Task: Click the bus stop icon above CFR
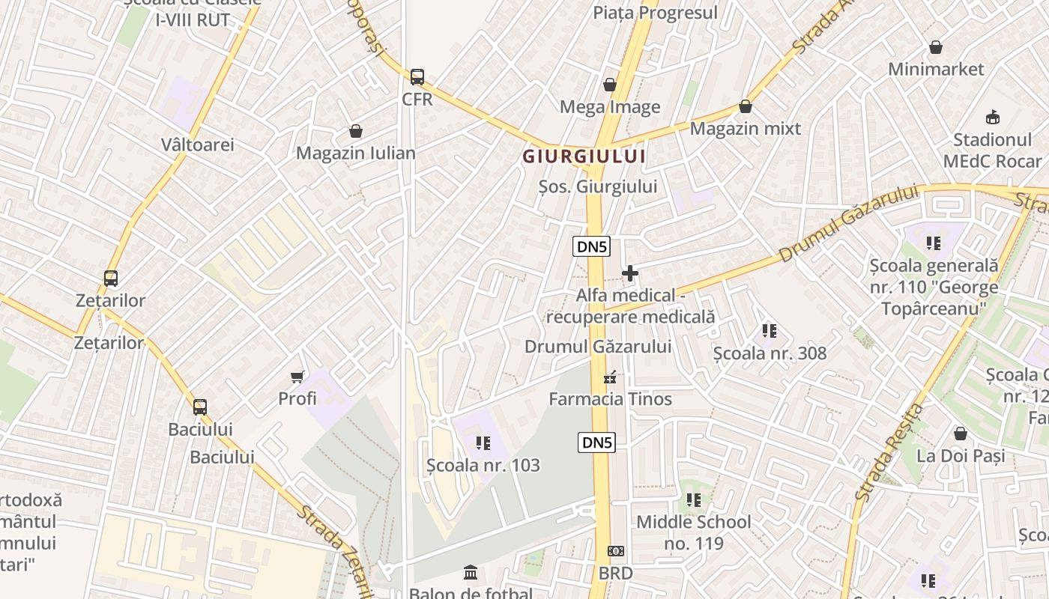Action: [x=417, y=76]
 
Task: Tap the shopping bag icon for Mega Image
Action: [x=610, y=85]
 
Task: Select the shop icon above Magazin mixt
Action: [x=745, y=106]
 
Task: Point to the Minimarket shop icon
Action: [x=935, y=47]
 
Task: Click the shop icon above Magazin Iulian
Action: [x=355, y=132]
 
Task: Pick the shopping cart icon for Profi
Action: [x=297, y=376]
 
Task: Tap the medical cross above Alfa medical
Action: [x=630, y=273]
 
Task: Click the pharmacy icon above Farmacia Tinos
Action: [x=611, y=377]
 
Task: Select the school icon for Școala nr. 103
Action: [x=483, y=443]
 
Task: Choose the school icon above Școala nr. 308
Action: [x=769, y=330]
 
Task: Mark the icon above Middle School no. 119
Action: [x=694, y=499]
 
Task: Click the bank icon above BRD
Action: [x=615, y=551]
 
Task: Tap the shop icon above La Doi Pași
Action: [x=960, y=434]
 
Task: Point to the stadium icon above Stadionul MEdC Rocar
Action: [x=993, y=117]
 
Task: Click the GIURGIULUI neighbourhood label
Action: [x=584, y=156]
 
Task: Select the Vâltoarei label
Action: [x=198, y=145]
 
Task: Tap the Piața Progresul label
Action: [x=655, y=13]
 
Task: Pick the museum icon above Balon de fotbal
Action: [x=471, y=573]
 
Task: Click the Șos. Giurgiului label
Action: [x=598, y=186]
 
